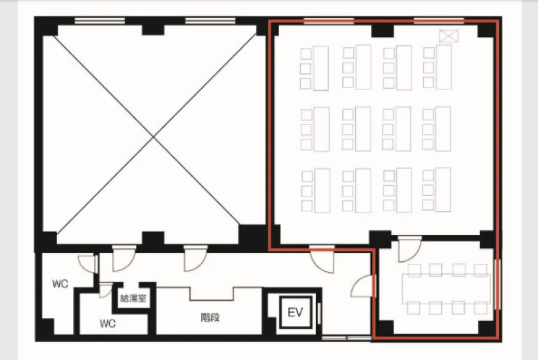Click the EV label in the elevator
coord(295,312)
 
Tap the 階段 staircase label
coord(210,318)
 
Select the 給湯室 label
coord(133,298)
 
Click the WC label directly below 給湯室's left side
coord(108,323)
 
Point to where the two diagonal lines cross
coord(153,137)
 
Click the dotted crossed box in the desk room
coord(449,36)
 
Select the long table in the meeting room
coord(447,289)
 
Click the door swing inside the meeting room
coord(410,250)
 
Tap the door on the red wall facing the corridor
coord(363,285)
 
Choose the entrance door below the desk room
coord(322,260)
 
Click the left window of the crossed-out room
coord(100,21)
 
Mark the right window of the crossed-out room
coord(210,21)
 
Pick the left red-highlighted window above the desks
coord(329,21)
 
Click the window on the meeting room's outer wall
coord(497,285)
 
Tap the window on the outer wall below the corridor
coord(346,338)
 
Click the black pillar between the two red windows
coord(383,30)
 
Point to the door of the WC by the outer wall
coord(87,264)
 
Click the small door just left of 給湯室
coord(106,290)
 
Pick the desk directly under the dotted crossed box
coord(444,67)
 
